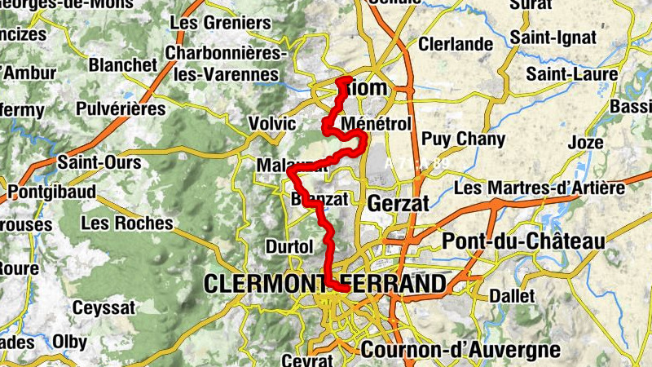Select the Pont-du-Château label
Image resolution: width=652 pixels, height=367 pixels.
[x=523, y=241]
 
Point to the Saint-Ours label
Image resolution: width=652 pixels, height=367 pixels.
[x=99, y=162]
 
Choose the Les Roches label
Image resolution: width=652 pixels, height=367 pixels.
[x=127, y=223]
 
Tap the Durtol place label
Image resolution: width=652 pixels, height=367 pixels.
[x=289, y=246]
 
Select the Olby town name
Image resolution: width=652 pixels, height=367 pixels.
[x=69, y=342]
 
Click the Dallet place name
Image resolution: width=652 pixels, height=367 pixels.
[x=512, y=296]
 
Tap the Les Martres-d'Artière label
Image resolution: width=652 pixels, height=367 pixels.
[x=539, y=188]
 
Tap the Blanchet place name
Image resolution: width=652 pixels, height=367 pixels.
[x=123, y=64]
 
